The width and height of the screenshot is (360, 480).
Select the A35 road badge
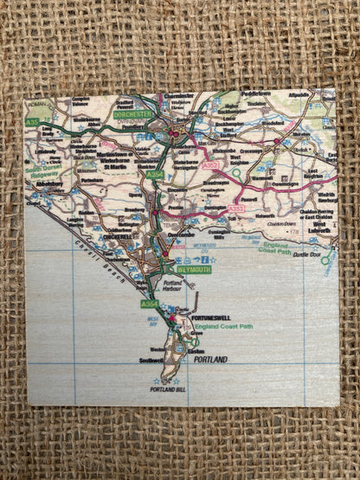(x=32, y=123)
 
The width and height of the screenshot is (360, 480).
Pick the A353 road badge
(x=237, y=209)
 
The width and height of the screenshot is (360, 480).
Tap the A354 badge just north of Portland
(x=150, y=304)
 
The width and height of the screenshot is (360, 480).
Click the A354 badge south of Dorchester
(x=154, y=176)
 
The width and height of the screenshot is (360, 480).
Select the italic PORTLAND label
(x=210, y=358)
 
